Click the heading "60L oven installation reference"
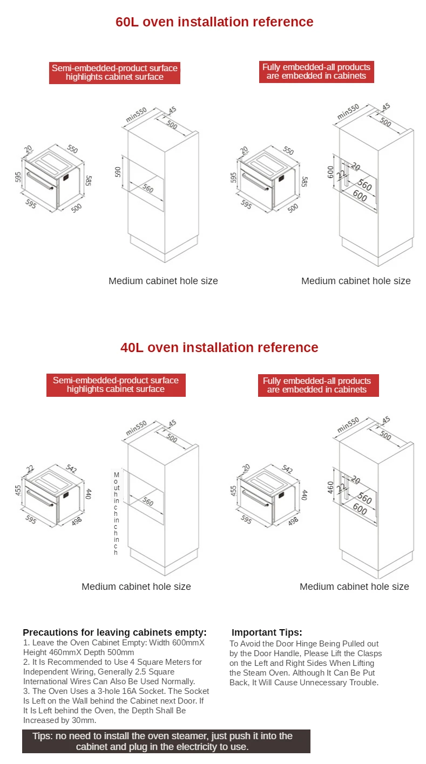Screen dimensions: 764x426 pos(214,22)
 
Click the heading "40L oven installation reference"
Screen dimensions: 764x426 pos(219,347)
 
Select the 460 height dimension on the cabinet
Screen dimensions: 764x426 pos(330,487)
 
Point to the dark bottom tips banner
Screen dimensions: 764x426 pos(166,741)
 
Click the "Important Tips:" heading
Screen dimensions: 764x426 pos(267,632)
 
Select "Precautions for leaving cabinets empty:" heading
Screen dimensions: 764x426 pos(114,632)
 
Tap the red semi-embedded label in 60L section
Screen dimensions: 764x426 pos(114,73)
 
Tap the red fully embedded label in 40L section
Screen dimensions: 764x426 pos(317,386)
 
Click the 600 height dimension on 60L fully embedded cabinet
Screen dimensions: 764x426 pos(330,171)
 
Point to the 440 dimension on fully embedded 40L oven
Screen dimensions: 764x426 pos(304,494)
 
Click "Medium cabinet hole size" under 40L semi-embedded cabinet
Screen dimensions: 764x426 pos(136,587)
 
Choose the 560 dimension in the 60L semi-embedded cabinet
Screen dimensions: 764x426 pos(147,189)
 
